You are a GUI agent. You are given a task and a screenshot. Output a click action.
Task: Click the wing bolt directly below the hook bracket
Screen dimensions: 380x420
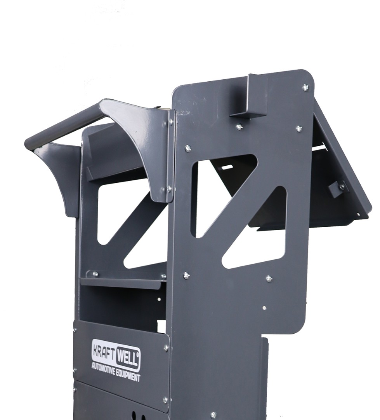point(239,126)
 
